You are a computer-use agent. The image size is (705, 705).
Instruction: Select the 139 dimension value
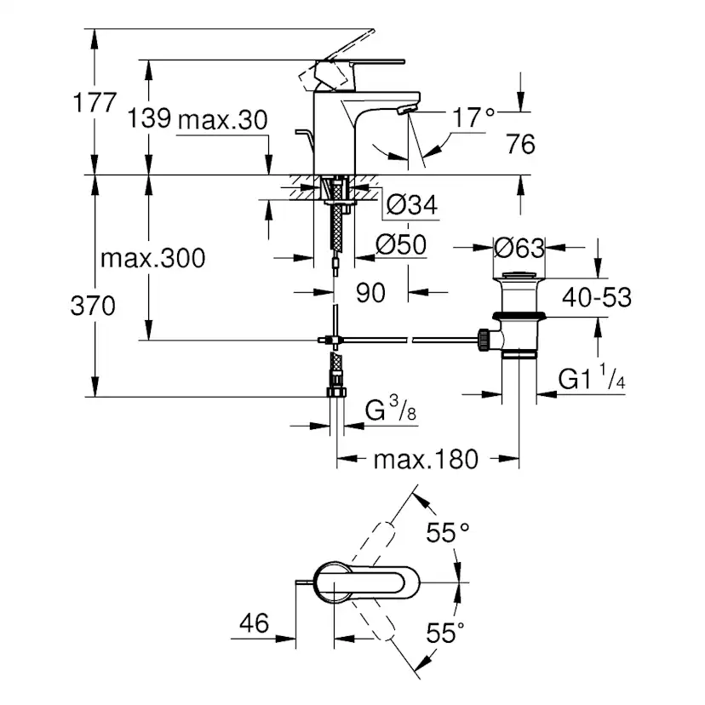coord(149,119)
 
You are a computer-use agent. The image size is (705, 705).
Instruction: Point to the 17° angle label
coord(473,117)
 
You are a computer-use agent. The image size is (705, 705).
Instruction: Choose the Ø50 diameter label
coord(400,245)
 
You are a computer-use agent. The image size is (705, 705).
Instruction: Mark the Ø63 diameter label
coord(518,248)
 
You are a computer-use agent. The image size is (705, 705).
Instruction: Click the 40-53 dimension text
coord(596,297)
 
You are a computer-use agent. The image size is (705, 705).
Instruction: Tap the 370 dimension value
coord(93,307)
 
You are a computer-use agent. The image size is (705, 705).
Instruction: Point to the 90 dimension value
coord(371,293)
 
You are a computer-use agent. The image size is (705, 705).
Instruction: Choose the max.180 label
coord(426,460)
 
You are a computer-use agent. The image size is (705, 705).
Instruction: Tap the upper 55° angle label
coord(448,534)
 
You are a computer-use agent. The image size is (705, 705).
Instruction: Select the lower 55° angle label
coord(446,633)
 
